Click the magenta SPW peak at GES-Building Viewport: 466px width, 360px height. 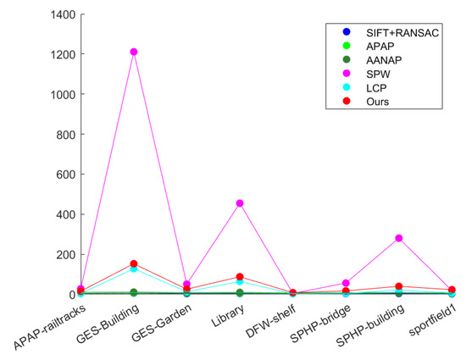[x=134, y=52]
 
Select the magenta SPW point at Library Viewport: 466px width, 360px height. [x=240, y=203]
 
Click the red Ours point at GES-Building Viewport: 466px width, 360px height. [x=134, y=264]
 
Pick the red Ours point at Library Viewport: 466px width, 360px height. [x=240, y=277]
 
